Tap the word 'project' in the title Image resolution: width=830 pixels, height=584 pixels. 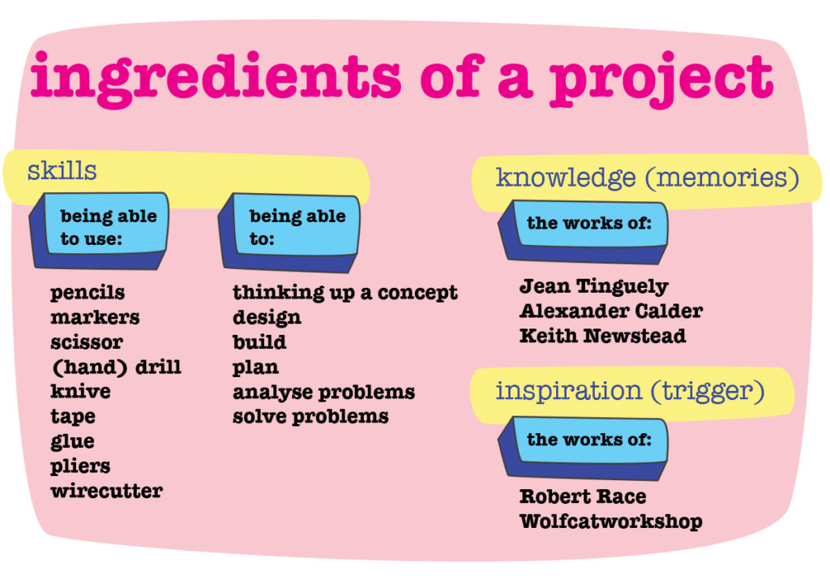[661, 80]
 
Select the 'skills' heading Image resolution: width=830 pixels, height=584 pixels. [62, 170]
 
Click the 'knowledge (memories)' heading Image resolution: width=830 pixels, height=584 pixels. [648, 178]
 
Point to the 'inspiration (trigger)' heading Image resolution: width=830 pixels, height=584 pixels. [630, 392]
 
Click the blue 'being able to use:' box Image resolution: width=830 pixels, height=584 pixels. [100, 230]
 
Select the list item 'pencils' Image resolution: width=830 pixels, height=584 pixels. [88, 293]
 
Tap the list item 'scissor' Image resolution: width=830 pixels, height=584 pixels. [87, 341]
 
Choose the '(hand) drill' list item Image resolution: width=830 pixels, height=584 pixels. [116, 367]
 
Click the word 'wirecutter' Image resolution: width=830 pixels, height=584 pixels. [107, 491]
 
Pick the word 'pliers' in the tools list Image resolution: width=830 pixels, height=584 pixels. [80, 466]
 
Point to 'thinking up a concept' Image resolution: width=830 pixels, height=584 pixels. [345, 293]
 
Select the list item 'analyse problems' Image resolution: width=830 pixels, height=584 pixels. [324, 392]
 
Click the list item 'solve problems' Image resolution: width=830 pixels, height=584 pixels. [310, 417]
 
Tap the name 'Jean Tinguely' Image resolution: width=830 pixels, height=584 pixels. [594, 286]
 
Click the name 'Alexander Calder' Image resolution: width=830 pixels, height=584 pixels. [611, 311]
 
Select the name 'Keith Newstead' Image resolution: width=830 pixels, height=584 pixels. [603, 336]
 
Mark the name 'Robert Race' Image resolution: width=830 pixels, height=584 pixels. [583, 496]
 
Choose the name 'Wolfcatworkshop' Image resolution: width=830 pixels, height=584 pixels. [611, 522]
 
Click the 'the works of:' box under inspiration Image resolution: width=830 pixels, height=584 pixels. [583, 448]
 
